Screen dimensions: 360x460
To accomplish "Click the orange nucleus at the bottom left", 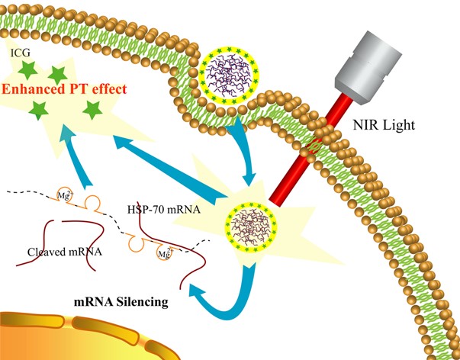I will click(x=92, y=336).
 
